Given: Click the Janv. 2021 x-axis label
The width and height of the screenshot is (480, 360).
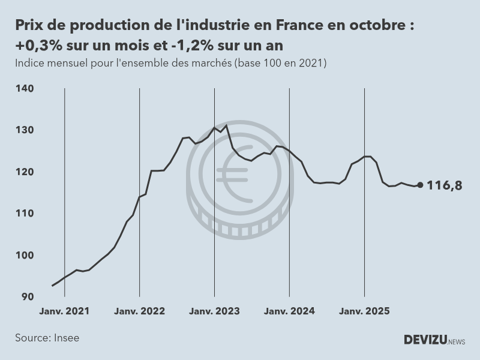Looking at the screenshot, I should click(x=64, y=311).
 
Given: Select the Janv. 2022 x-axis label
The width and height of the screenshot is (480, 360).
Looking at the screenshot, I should click(x=139, y=311).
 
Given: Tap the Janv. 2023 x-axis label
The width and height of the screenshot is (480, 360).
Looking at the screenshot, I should click(x=214, y=311).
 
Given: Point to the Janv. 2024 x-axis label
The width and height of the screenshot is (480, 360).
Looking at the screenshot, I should click(x=289, y=311).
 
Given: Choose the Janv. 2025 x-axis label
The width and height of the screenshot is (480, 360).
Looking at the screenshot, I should click(x=364, y=311).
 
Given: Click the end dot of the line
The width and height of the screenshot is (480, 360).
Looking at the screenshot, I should click(x=420, y=185).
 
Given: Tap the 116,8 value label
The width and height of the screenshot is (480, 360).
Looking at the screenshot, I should click(x=445, y=185).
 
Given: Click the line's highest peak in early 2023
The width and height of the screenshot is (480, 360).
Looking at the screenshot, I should click(x=226, y=125).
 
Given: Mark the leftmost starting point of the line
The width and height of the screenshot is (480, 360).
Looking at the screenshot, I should click(x=52, y=286).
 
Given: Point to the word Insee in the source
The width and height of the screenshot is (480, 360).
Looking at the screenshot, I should click(x=66, y=338).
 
